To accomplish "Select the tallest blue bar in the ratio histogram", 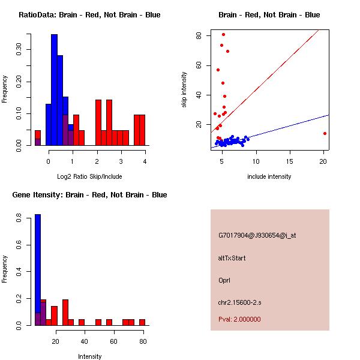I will click(54, 90).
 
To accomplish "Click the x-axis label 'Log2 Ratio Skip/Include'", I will click(89, 176).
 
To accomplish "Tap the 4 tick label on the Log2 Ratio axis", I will click(145, 161).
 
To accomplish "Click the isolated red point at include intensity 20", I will click(325, 133).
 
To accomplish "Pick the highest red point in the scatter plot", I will click(223, 34).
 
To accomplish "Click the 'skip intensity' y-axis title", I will click(184, 90).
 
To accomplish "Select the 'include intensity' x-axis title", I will click(269, 176).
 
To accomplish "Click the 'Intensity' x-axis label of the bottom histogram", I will click(89, 356).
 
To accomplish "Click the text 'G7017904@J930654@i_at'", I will click(257, 235).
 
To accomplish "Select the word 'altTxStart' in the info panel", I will click(232, 258).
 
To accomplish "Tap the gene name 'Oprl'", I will click(224, 280).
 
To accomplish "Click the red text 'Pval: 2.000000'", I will click(239, 319).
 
